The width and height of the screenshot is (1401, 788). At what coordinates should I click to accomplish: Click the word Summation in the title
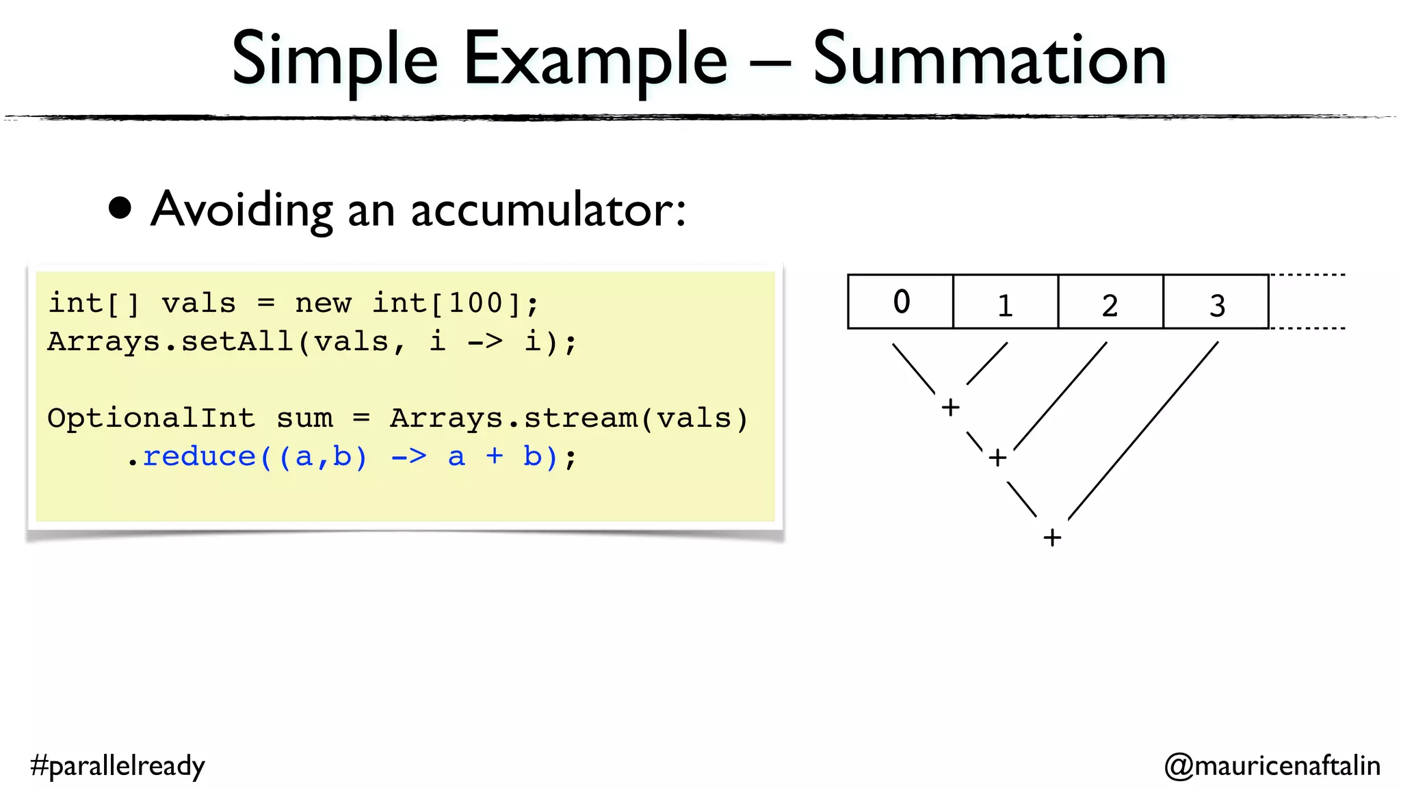tap(989, 60)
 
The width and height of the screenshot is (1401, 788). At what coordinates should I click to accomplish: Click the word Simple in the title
tap(335, 60)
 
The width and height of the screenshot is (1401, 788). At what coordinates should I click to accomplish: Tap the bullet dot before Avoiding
tap(120, 209)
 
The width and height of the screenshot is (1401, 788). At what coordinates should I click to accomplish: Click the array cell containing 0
tap(900, 302)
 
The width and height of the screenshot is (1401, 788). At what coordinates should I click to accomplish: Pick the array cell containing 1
tap(1005, 302)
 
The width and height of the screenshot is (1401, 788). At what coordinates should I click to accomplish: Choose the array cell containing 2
tap(1110, 302)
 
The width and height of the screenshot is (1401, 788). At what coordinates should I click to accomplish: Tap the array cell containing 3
tap(1216, 302)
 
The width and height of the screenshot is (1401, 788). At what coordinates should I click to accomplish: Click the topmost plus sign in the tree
tap(950, 408)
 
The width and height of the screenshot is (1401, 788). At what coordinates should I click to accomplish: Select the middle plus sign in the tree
tap(997, 458)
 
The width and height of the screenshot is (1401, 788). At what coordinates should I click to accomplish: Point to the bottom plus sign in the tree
tap(1052, 538)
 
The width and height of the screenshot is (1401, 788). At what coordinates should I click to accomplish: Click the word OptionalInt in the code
tap(151, 418)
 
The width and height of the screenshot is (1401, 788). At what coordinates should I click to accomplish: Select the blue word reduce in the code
tap(199, 456)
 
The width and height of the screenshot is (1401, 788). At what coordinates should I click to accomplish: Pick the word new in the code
tap(323, 303)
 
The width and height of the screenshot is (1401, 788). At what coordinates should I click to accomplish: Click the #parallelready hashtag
tap(118, 765)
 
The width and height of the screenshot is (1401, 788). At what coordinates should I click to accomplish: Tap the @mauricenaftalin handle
tap(1272, 765)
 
